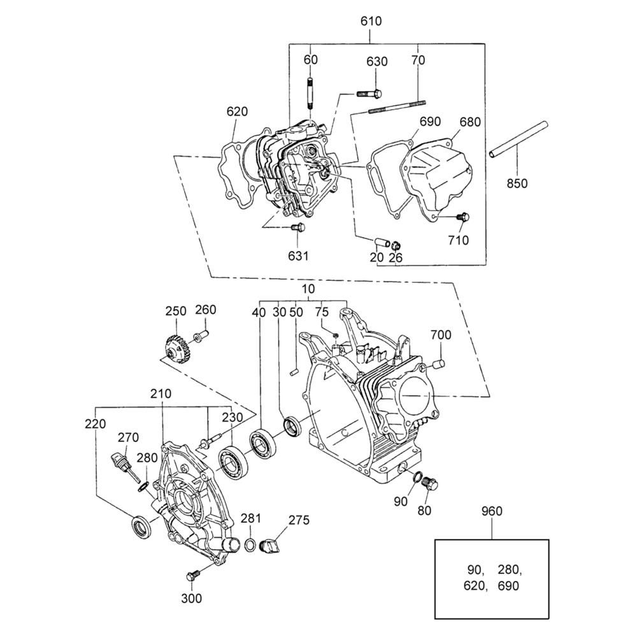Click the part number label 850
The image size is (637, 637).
point(517,183)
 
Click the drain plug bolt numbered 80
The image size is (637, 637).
point(430,484)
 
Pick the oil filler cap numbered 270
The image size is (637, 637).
point(124,466)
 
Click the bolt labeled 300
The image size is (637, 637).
point(193,575)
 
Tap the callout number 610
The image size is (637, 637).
point(371,21)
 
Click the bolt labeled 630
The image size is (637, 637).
point(369,94)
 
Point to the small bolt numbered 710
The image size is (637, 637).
point(463,217)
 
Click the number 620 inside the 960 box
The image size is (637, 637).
point(475,586)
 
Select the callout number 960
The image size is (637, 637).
point(492,511)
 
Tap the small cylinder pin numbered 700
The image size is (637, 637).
point(439,364)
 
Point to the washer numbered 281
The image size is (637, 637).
point(250,545)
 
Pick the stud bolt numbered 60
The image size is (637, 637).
point(310,93)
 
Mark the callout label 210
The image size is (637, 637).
point(161,394)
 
